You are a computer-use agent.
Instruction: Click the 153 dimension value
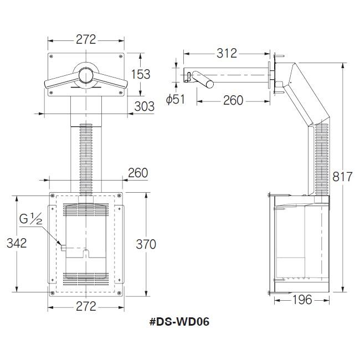[141, 74]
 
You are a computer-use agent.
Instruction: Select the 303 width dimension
[144, 106]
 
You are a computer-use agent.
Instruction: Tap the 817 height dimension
[342, 177]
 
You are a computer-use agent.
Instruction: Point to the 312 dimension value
[227, 53]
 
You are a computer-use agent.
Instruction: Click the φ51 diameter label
[176, 99]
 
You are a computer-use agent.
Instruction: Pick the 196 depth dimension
[302, 300]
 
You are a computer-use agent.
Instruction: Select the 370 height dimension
[146, 244]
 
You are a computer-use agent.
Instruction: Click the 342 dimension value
[17, 243]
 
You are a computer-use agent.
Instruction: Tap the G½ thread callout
[31, 219]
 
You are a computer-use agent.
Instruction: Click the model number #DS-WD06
[179, 322]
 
